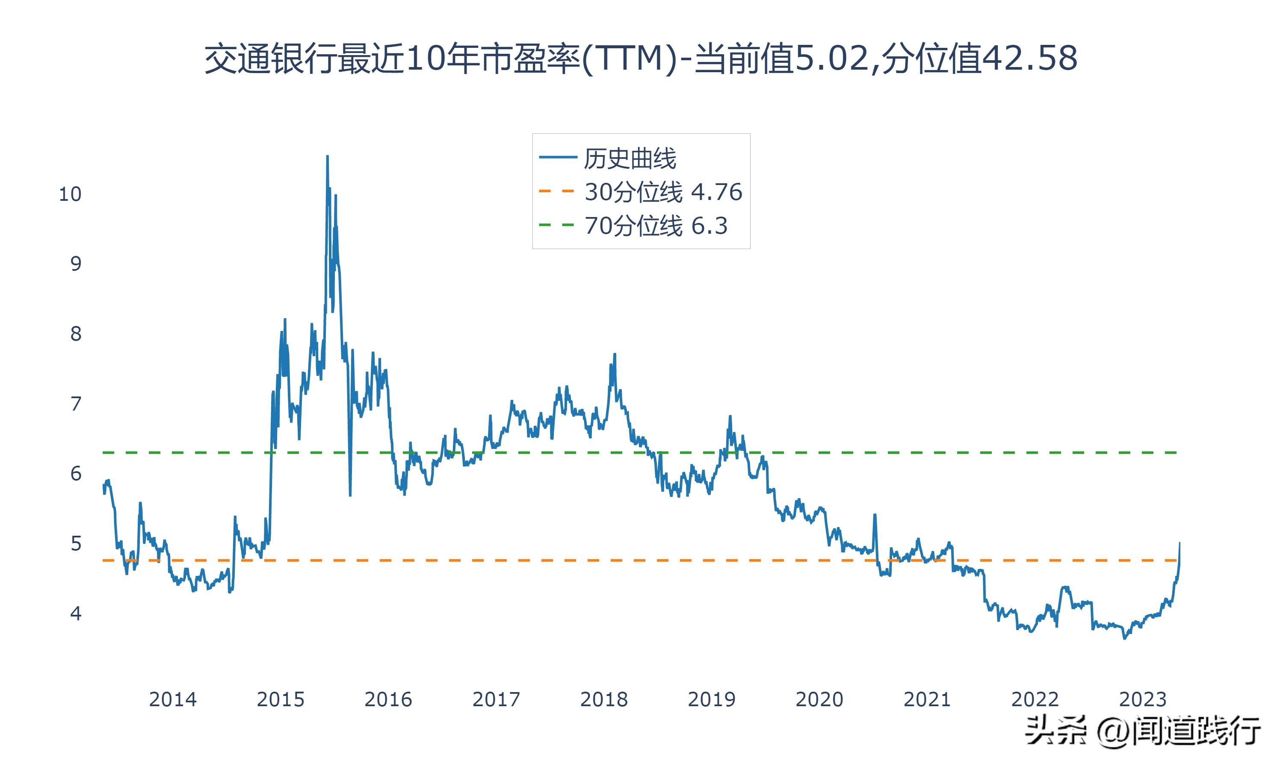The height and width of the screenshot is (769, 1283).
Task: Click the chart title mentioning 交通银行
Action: pos(641,59)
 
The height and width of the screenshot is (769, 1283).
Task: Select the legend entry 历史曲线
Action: pos(630,158)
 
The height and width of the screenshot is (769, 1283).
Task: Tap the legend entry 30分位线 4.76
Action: pos(663,192)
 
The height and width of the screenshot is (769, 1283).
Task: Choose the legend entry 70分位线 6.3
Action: pos(656,226)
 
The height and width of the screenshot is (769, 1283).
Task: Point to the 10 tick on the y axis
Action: pos(70,194)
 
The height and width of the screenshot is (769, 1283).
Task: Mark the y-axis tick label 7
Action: pos(76,404)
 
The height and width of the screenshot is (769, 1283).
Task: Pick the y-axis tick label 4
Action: pos(76,613)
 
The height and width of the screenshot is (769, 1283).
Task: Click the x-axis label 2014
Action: pos(173,699)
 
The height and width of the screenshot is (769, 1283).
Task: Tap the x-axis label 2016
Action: pos(388,699)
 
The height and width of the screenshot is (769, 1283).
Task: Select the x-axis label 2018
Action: pos(603,699)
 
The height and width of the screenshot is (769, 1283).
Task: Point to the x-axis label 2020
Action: pos(819,699)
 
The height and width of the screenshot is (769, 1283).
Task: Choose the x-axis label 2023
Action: pos(1142,699)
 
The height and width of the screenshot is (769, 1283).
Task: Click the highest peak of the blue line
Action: pos(327,156)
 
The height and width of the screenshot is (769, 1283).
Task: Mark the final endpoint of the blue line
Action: pos(1180,543)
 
